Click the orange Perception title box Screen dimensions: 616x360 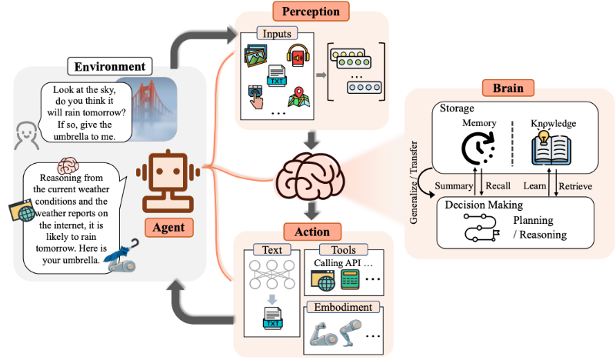pos(311,12)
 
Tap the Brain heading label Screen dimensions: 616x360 pos(508,88)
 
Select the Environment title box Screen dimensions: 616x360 pos(110,66)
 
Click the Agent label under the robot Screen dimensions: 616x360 pos(169,228)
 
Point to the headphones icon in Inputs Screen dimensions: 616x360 pos(298,55)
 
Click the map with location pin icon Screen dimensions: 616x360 pos(299,97)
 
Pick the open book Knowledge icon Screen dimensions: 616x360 pos(551,148)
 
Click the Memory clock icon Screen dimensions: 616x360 pos(478,148)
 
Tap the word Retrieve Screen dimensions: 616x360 pos(575,186)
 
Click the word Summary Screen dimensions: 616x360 pos(454,185)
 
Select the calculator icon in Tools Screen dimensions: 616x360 pos(350,279)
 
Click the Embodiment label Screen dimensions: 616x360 pos(343,307)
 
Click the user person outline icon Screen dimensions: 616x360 pos(26,135)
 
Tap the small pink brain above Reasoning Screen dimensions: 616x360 pos(68,165)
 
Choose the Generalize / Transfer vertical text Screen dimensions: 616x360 pos(414,182)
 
